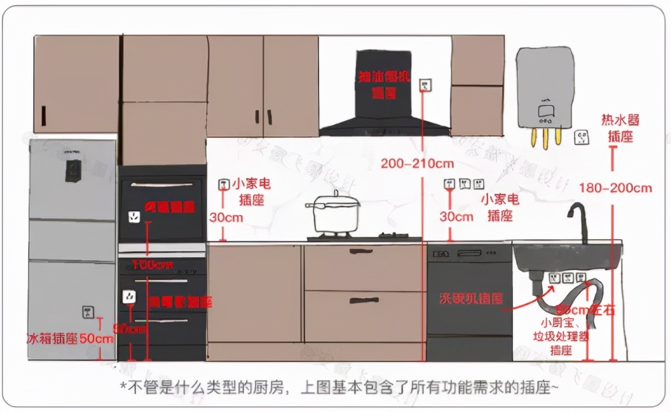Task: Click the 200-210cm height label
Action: click(417, 163)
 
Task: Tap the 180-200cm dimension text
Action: click(615, 188)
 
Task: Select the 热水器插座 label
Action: click(620, 128)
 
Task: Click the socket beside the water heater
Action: click(580, 138)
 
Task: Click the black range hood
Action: click(384, 93)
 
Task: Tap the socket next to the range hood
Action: click(426, 85)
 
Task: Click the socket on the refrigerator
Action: click(88, 312)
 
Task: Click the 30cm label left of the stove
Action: click(226, 217)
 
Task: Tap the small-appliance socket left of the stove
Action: click(223, 185)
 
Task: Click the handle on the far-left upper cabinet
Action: click(43, 113)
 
